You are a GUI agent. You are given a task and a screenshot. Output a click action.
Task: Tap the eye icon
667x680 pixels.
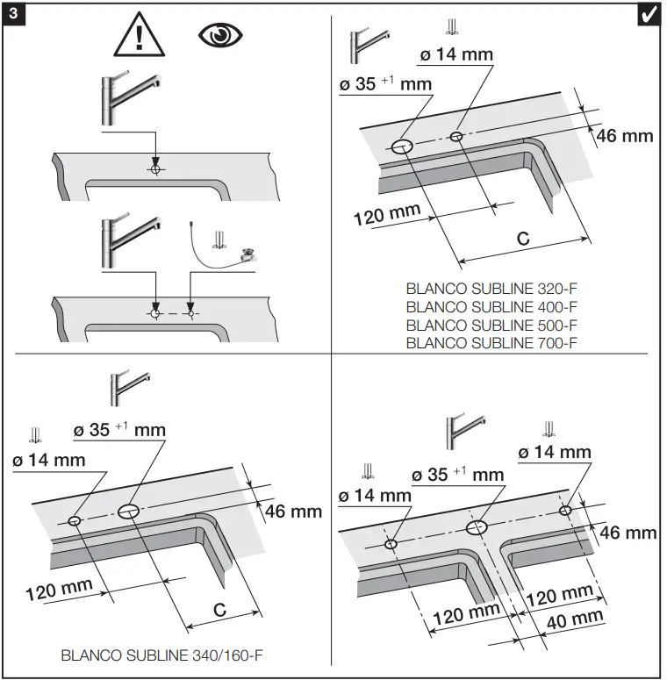(219, 36)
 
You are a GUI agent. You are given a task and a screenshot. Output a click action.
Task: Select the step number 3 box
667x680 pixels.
(16, 16)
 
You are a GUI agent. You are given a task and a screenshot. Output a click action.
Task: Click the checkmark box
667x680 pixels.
(649, 16)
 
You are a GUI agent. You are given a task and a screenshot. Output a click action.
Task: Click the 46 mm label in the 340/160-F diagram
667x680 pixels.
(293, 511)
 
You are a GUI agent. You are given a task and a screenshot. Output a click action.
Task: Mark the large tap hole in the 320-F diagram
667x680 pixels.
(403, 147)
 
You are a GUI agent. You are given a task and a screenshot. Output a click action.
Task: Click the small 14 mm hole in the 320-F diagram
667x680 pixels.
(455, 135)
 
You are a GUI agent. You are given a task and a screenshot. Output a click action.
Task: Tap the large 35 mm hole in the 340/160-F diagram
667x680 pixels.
(129, 511)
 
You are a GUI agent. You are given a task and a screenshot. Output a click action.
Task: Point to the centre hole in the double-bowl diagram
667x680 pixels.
(477, 527)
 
